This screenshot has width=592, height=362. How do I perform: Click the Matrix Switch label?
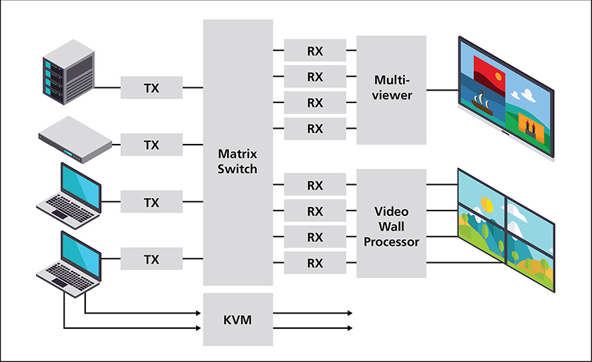tap(237, 160)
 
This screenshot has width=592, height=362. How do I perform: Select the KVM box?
tap(237, 320)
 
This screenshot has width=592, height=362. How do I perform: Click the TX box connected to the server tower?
tap(152, 88)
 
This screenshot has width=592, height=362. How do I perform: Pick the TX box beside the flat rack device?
tap(152, 145)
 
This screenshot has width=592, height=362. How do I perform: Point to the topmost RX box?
tap(315, 51)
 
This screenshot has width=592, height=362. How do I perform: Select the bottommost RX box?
tap(315, 262)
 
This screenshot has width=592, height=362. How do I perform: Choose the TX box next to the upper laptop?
tap(152, 203)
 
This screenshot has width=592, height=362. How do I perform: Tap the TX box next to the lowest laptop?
tap(152, 260)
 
